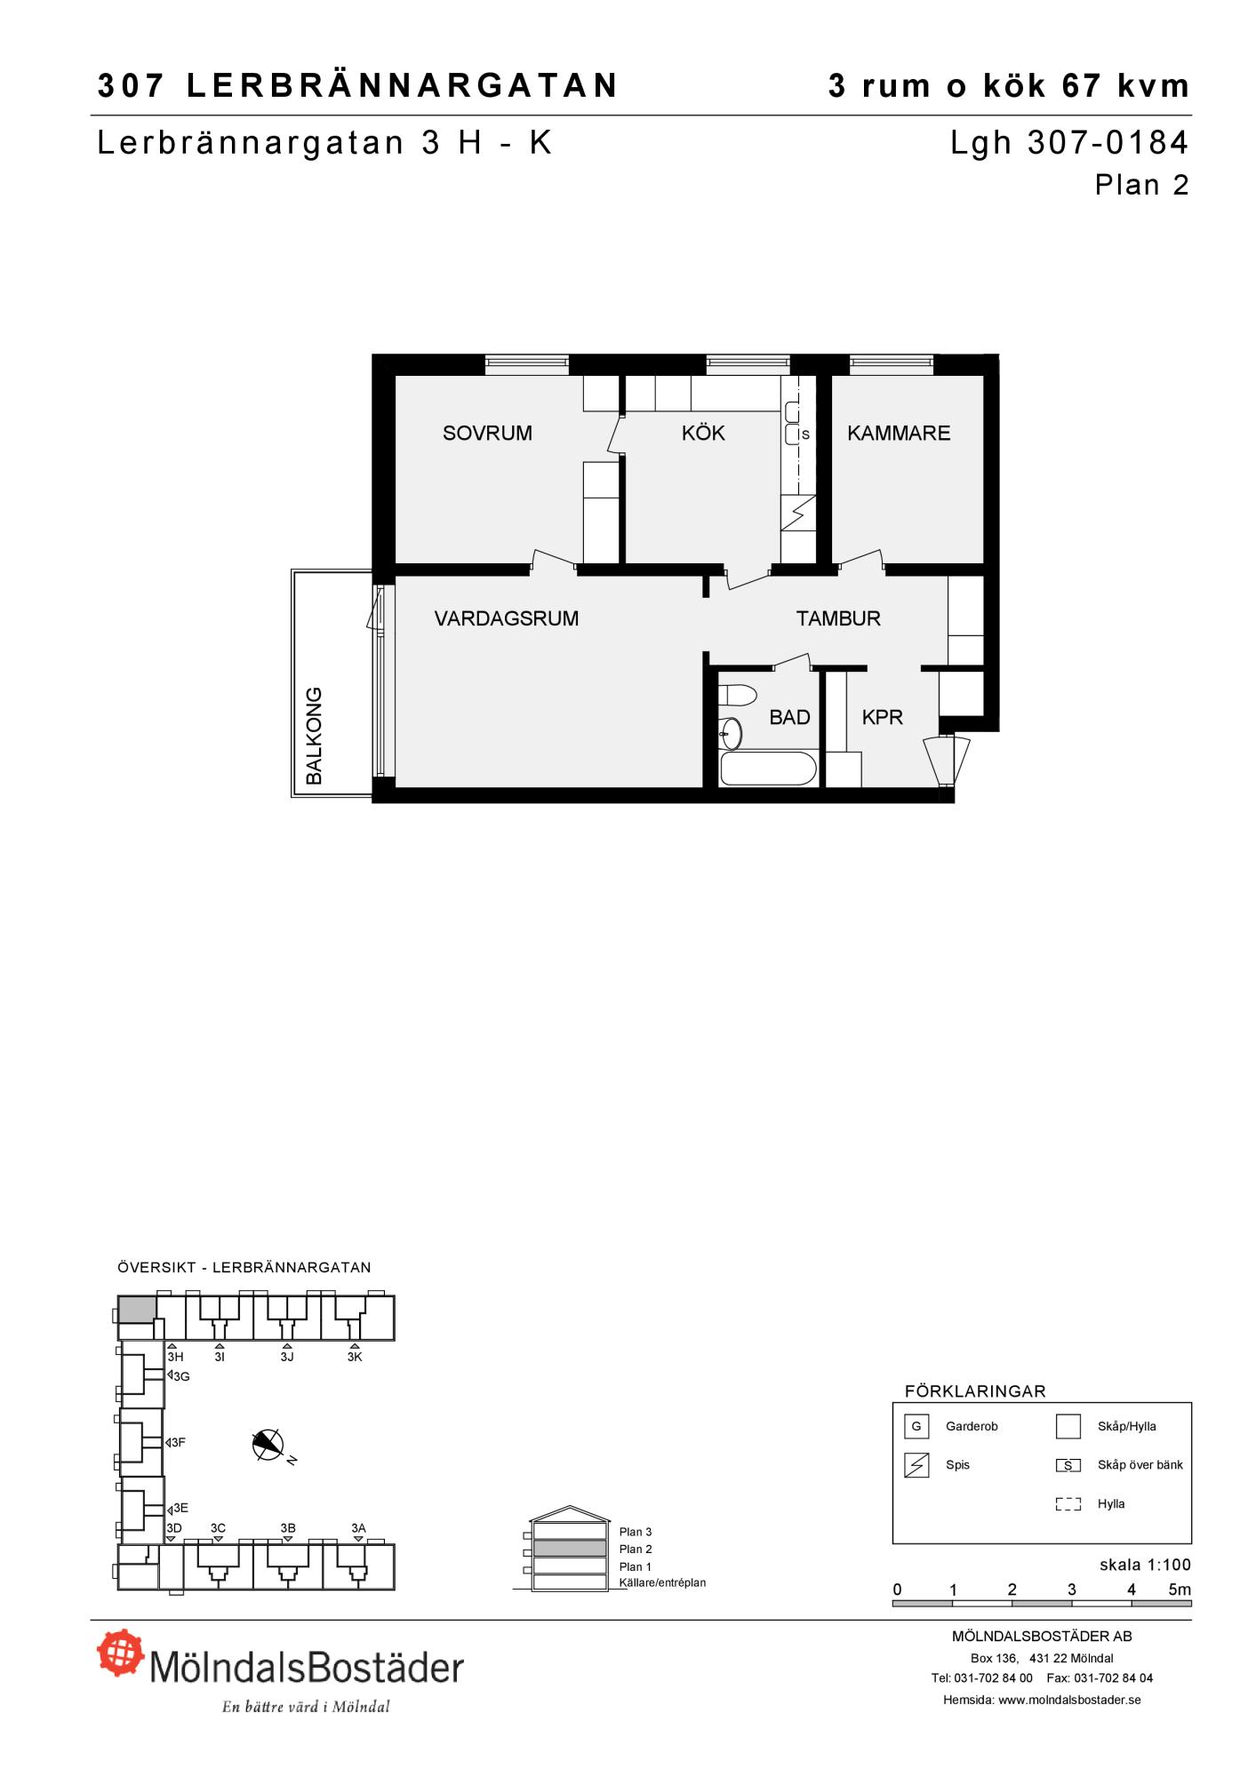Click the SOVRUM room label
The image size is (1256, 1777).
487,433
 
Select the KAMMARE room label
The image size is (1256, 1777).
899,433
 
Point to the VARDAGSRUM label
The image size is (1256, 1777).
507,618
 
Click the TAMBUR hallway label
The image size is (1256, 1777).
838,618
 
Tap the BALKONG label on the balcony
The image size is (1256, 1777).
314,735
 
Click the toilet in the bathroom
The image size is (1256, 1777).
737,694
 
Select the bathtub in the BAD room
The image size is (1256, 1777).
769,769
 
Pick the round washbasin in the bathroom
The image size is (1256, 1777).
731,733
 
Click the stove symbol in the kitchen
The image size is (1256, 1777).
798,514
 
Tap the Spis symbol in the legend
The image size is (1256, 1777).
916,1465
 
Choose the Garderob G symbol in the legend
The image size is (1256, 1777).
916,1426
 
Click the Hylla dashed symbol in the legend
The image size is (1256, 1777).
1068,1504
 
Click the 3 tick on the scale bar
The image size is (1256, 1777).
1072,1590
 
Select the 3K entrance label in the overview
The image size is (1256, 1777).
355,1357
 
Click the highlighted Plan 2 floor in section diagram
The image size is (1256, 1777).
570,1549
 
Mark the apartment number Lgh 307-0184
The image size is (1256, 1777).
1069,143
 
